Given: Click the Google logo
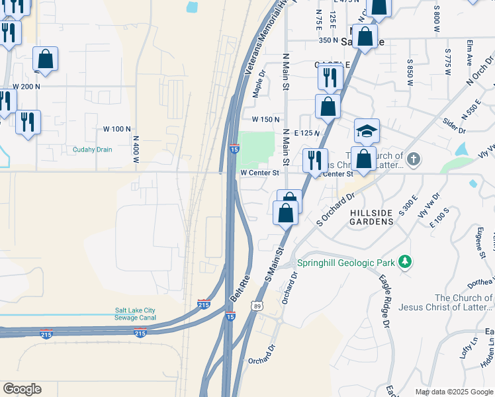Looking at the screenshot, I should pyautogui.click(x=22, y=389).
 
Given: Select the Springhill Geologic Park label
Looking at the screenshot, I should pyautogui.click(x=345, y=263).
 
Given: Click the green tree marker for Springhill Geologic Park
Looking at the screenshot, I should pyautogui.click(x=405, y=263).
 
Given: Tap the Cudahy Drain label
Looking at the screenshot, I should pyautogui.click(x=92, y=150).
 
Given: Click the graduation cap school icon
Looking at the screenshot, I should pyautogui.click(x=367, y=131).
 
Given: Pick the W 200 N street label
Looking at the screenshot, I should pyautogui.click(x=26, y=87).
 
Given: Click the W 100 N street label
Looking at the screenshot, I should pyautogui.click(x=118, y=129).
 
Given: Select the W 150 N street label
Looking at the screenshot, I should pyautogui.click(x=267, y=119).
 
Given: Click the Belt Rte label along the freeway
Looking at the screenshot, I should pyautogui.click(x=239, y=288).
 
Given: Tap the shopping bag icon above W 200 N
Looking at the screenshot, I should pyautogui.click(x=45, y=59).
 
